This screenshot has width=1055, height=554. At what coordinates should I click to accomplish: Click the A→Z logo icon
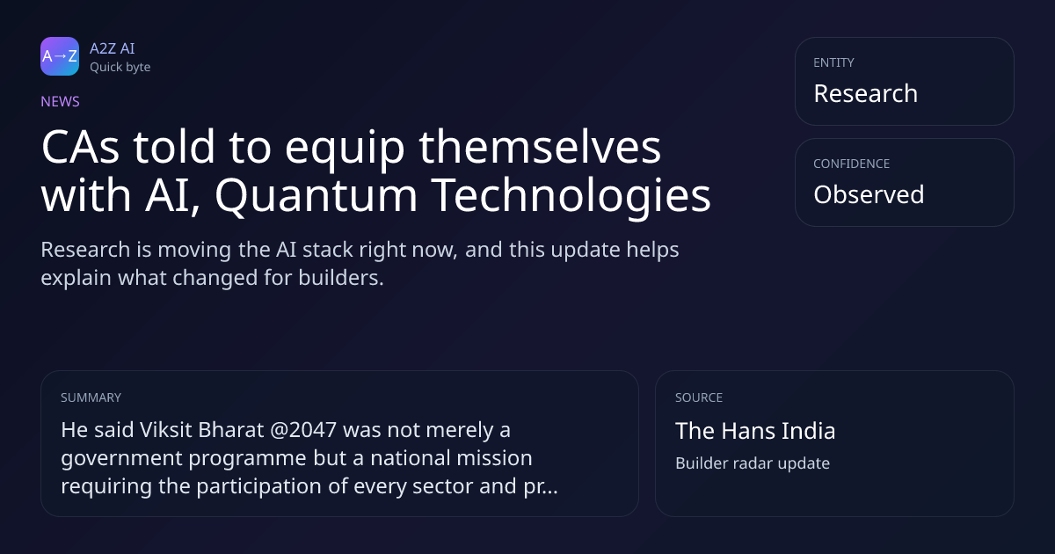(60, 56)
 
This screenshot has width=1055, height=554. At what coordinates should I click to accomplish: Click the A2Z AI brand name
(113, 48)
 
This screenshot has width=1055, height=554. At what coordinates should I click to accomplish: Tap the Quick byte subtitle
(120, 68)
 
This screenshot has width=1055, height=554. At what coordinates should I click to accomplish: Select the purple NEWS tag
(61, 101)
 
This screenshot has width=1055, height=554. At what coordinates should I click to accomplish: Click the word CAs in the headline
(81, 147)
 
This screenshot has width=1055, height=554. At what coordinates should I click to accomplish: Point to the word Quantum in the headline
(316, 194)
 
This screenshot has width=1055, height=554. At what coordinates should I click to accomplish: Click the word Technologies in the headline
(571, 194)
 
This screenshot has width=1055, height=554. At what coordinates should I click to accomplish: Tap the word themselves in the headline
(540, 147)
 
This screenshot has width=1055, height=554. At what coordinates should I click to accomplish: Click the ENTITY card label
(833, 62)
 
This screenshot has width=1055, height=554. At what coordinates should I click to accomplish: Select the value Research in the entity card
(866, 93)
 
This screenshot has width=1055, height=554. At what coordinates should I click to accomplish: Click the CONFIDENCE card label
(852, 164)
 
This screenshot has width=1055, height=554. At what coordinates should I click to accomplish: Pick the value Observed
(869, 194)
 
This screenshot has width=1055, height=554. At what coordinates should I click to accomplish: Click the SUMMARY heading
(91, 397)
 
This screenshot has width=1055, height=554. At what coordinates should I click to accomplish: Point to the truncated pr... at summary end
(541, 486)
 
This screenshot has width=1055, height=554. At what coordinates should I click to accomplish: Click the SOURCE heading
(699, 397)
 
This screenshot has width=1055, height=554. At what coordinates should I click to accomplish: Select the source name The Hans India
(755, 431)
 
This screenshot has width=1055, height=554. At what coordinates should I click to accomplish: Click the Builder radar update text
(753, 463)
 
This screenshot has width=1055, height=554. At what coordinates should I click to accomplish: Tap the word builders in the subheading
(341, 278)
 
